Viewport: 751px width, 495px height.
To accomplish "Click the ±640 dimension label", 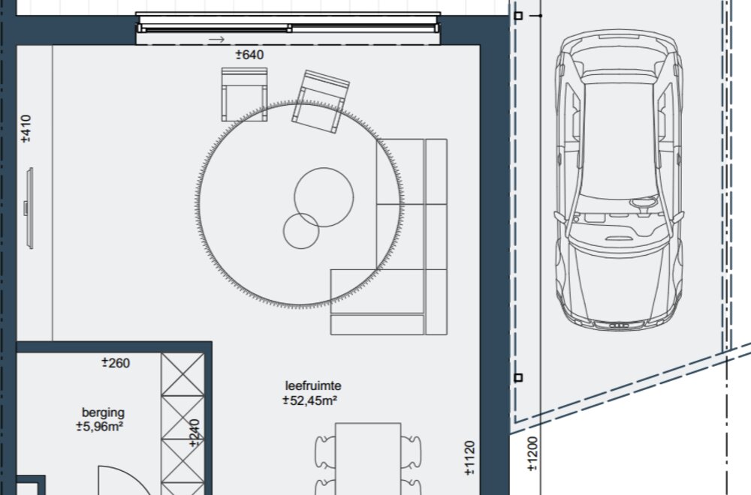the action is pos(249,55).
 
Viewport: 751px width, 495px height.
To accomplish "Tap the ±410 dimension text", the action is pos(26,128).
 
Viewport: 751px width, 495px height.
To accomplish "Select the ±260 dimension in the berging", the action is pos(116,363).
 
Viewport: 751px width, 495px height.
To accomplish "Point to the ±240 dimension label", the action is pos(194,433).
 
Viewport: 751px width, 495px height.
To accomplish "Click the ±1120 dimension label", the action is pos(469,457).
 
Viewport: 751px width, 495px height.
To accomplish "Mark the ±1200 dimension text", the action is pos(532,454).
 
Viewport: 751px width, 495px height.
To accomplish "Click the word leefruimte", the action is pos(313,385).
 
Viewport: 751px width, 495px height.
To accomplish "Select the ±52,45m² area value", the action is pos(310,400).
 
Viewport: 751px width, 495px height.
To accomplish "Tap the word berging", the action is pos(103,412).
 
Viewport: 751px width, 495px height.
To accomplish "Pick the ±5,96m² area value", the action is pos(100,426).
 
